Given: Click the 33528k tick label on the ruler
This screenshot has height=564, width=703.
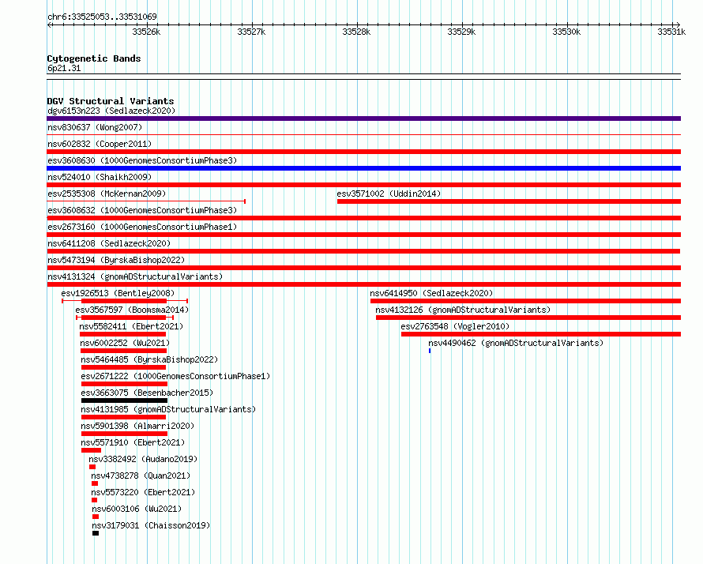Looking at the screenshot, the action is [356, 32].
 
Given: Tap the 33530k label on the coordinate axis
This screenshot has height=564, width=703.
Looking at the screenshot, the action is [566, 32].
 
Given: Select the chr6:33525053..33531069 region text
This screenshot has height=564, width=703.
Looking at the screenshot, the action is [102, 17].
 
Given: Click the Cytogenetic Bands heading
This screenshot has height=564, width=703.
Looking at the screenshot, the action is [94, 58].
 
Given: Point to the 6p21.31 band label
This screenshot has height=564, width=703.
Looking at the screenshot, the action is [64, 68].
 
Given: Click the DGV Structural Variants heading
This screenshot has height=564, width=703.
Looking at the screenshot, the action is [111, 101].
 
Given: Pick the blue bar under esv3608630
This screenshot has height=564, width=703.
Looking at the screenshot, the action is [363, 168].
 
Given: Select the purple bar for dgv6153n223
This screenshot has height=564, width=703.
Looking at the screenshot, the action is [363, 118].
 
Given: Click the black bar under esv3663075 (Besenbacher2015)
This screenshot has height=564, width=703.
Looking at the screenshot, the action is [124, 400].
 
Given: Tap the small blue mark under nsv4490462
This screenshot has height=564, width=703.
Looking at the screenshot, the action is [430, 351].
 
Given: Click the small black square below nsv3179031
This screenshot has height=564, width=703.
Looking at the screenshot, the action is [96, 533].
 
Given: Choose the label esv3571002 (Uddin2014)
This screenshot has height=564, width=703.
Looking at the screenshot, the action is [389, 194].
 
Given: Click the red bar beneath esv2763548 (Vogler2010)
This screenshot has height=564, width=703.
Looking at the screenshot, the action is [541, 334].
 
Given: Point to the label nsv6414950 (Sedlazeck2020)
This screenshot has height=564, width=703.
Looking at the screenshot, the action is [431, 293].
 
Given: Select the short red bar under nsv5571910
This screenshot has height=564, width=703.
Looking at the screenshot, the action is [91, 450].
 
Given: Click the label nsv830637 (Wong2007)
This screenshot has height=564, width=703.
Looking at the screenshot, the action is [95, 127].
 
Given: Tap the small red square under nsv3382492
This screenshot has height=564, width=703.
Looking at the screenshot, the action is [92, 467].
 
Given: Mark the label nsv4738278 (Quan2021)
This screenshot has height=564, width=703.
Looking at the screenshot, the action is [141, 476].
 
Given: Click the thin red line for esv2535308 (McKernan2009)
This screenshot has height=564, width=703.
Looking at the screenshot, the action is [146, 201].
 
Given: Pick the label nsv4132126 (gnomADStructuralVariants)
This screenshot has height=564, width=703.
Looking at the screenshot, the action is [463, 310].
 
